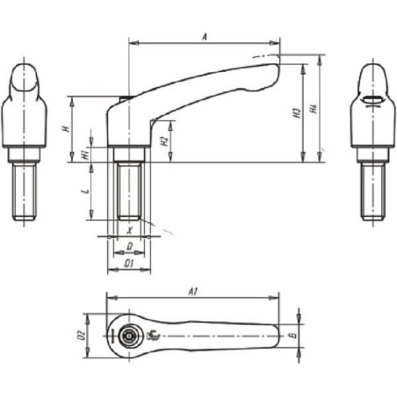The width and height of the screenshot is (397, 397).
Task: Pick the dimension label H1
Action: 84,154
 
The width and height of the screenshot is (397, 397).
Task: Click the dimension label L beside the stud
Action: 84,191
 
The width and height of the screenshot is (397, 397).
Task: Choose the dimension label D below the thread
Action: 128,247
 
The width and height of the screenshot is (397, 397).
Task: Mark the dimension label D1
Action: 128,263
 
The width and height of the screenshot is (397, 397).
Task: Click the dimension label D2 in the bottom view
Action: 80,334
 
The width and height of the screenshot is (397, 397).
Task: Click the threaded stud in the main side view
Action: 129,189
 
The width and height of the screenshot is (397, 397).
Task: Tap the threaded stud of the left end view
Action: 25,191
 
